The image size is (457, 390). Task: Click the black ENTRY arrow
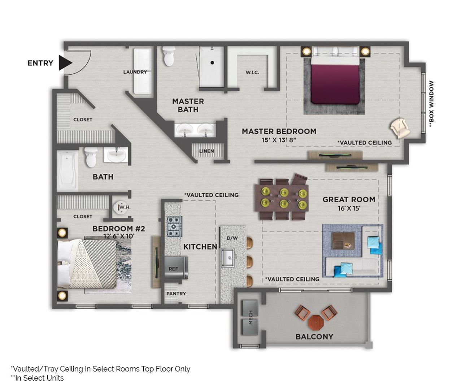point(66,63)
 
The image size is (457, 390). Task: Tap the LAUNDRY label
point(135,72)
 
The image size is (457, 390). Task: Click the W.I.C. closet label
point(252,72)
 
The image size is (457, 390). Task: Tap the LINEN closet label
point(206,151)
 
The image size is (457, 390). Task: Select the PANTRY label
point(176,294)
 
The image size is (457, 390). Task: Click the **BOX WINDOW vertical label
point(431,103)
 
